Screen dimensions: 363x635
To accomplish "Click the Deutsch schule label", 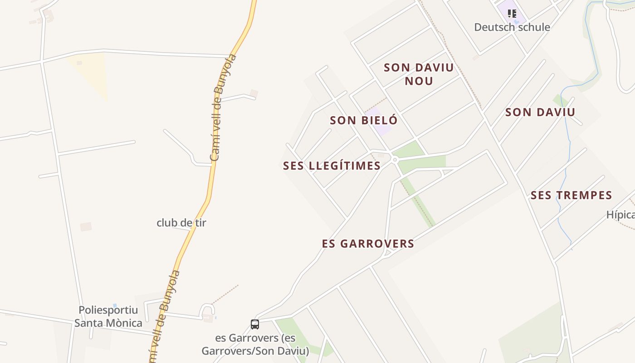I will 512,27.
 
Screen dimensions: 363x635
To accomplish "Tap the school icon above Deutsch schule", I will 512,14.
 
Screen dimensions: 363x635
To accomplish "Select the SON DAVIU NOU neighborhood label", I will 419,74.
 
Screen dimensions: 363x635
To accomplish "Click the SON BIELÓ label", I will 363,120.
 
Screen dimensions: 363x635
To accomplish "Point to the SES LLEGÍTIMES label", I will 332,166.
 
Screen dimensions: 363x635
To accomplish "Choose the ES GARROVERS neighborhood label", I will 368,244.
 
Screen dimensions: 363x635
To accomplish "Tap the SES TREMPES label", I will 571,196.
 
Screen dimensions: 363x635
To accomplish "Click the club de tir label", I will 181,223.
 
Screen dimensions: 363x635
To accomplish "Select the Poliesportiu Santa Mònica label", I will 108,316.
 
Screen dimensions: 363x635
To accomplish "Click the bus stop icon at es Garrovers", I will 255,324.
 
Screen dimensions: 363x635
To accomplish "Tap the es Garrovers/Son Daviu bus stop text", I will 255,344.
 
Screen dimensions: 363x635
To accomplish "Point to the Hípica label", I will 620,215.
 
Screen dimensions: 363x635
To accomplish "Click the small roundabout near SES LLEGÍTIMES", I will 395,159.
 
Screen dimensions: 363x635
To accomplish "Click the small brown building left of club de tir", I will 86,226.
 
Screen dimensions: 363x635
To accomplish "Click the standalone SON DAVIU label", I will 540,112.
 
